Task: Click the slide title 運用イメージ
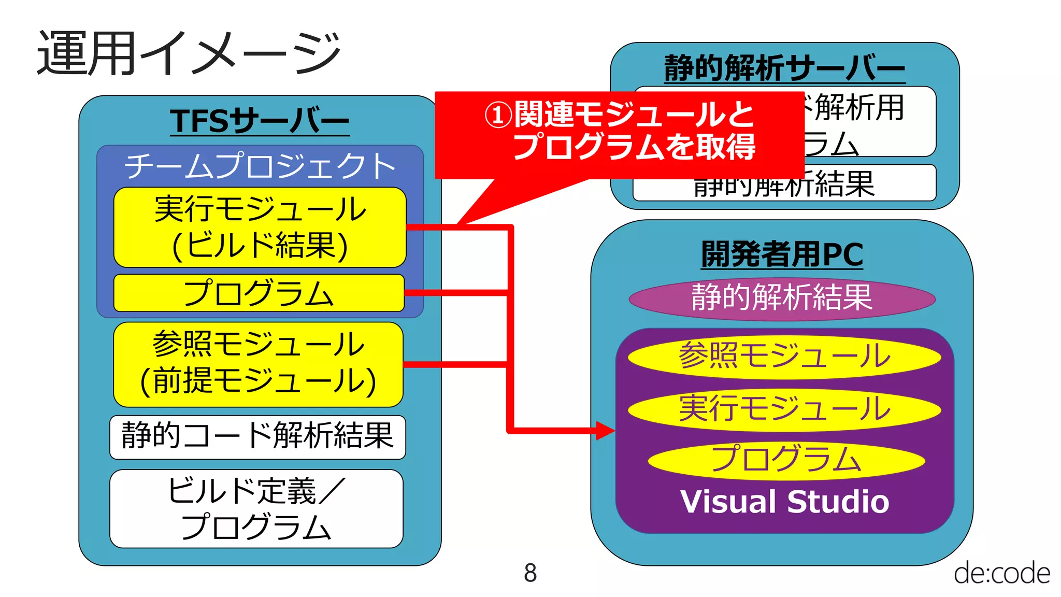click(189, 53)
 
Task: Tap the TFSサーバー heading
click(260, 121)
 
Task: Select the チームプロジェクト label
click(260, 166)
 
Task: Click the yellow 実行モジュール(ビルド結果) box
click(260, 227)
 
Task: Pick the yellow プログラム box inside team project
click(259, 293)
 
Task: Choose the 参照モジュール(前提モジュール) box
click(258, 364)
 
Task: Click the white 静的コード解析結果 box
click(257, 436)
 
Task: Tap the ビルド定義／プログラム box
click(256, 508)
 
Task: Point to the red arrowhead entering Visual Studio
click(605, 430)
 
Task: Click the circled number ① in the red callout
click(498, 115)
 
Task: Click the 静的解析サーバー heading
click(784, 68)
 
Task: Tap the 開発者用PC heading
click(782, 254)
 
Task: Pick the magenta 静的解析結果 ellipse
click(782, 298)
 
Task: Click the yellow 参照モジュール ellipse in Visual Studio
click(784, 357)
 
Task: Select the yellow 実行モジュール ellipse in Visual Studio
click(784, 409)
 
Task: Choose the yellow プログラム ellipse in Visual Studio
click(786, 460)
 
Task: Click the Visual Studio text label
click(784, 502)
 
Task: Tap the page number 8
click(530, 573)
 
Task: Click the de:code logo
click(1001, 573)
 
